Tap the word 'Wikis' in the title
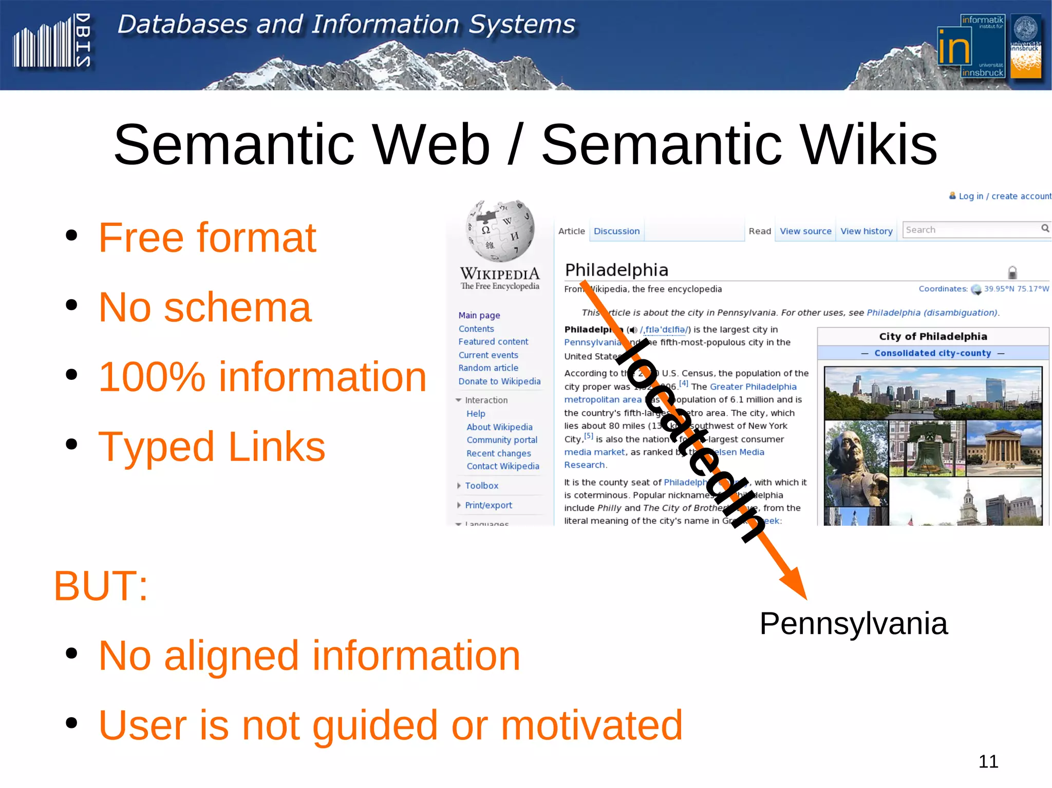868,145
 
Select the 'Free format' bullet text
207,238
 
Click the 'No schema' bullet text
204,307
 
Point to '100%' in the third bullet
152,377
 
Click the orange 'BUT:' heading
101,586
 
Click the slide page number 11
988,761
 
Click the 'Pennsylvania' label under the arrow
853,624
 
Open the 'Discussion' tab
616,231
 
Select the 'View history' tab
866,231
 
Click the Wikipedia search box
971,230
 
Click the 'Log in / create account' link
1004,196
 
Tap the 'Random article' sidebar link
488,368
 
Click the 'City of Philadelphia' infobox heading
933,337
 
